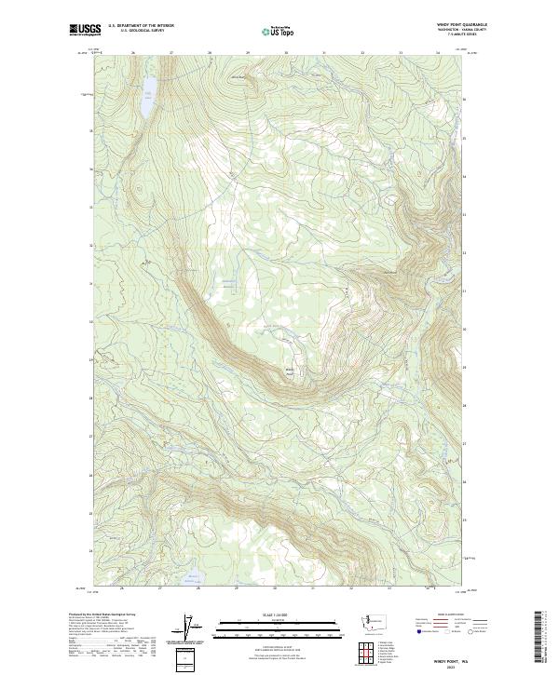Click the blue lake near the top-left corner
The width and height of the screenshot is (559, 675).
(x=148, y=94)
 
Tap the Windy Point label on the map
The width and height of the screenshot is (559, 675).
(x=289, y=372)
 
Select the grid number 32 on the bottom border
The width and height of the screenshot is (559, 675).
(x=350, y=588)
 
